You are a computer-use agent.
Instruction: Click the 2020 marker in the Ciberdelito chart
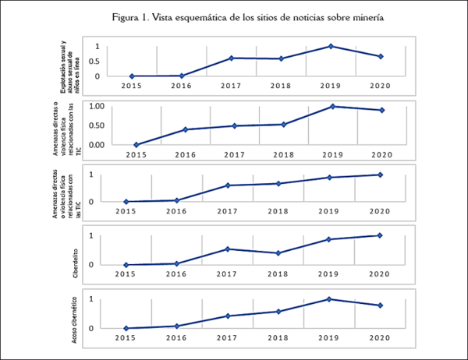[x=380, y=235]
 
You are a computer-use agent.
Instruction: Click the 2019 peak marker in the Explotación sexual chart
[x=331, y=46]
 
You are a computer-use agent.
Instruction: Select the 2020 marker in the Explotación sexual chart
[x=380, y=56]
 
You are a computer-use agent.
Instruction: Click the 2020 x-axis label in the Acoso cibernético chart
[x=380, y=338]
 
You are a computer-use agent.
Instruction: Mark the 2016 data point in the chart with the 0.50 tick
[x=185, y=129]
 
